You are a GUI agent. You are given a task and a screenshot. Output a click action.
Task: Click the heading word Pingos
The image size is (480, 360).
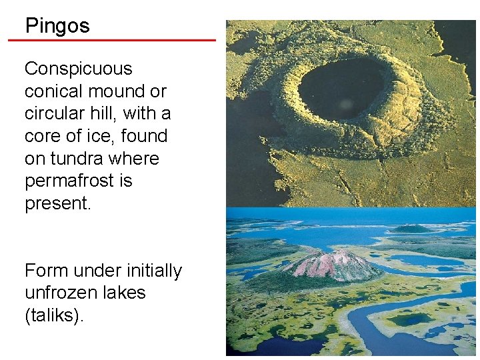[x=57, y=26]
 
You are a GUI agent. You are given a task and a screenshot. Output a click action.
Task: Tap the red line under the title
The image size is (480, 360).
[x=112, y=40]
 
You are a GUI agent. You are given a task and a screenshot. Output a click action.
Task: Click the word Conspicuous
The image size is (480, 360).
[x=79, y=69]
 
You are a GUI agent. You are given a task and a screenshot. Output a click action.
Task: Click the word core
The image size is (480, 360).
[x=43, y=136]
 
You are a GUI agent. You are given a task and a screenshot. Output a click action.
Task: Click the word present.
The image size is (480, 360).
[x=57, y=203]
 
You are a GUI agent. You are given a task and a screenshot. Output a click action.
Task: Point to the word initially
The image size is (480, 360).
[x=151, y=271]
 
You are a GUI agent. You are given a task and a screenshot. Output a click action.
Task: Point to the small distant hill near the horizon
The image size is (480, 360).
[x=411, y=228]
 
